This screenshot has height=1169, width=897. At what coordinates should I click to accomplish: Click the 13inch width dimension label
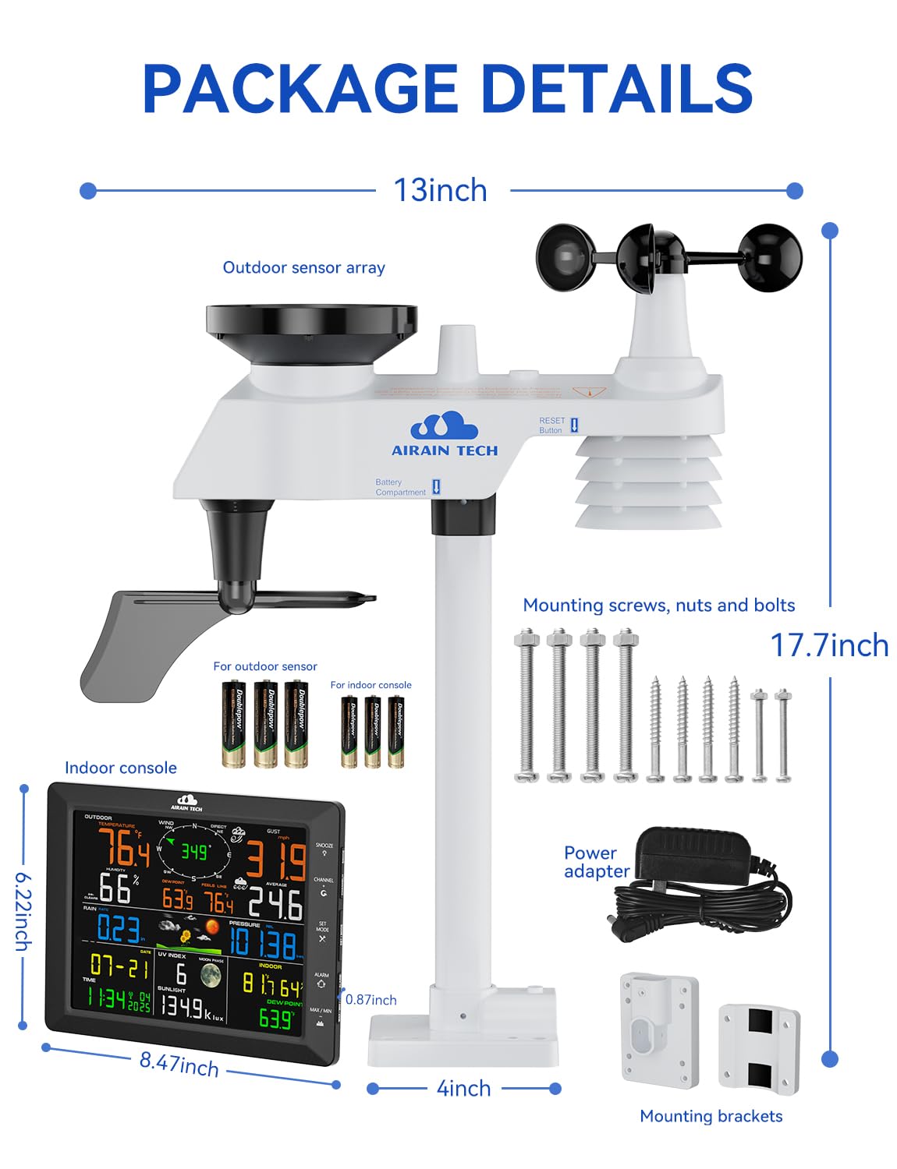coord(441,191)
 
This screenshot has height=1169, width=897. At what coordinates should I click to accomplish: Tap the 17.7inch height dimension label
coord(829,645)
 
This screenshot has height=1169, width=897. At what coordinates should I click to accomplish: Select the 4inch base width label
coord(463,1088)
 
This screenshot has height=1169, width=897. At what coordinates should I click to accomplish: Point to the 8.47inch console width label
coord(179,1064)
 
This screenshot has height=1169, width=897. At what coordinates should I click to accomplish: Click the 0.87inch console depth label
coord(371,1000)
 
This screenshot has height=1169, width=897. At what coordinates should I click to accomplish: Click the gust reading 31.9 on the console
coord(276,861)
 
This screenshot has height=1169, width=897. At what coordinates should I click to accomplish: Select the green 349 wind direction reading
coord(194,852)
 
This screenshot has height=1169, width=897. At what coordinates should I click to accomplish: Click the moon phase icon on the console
coord(211,975)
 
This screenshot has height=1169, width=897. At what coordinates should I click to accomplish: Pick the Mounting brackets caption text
coord(711,1116)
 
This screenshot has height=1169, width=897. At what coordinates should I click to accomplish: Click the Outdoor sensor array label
coord(303,267)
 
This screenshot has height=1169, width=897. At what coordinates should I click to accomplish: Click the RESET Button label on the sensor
coord(552,425)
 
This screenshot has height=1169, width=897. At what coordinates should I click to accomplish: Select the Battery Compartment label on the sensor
coord(400,487)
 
